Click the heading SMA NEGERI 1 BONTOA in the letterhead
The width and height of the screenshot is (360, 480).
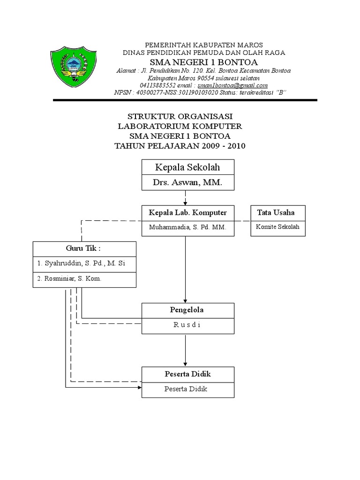tap(203, 62)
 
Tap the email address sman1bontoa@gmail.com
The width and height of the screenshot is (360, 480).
tap(232, 85)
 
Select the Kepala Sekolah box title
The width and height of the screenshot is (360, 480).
tap(187, 167)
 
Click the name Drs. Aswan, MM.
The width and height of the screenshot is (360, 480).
tap(187, 183)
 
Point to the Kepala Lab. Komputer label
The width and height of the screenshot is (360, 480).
tap(187, 213)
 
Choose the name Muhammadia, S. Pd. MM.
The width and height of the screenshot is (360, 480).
tap(187, 227)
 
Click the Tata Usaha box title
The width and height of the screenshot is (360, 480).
tap(276, 213)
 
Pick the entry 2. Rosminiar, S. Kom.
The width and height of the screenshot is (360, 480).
tap(69, 278)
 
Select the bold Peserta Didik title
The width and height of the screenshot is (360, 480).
tap(187, 374)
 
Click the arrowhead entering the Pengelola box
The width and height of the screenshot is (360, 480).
tap(186, 300)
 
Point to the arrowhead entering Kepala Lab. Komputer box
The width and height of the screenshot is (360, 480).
tap(186, 202)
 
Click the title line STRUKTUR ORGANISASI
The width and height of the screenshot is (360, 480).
tap(180, 116)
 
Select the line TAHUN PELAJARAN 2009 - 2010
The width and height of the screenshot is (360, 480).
tap(180, 146)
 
